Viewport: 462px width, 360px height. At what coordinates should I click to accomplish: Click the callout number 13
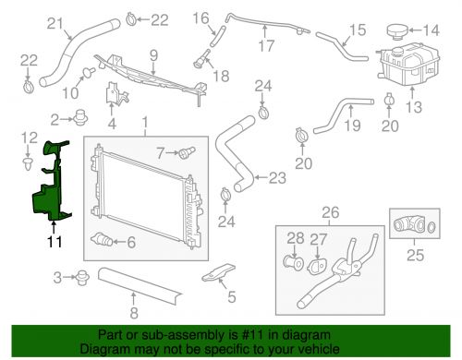pos(412,107)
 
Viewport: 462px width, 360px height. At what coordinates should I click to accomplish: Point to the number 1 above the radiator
pos(143,122)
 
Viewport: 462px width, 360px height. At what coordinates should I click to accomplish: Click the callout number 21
pos(55,23)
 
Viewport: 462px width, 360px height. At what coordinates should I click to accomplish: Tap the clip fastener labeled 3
pos(82,276)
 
